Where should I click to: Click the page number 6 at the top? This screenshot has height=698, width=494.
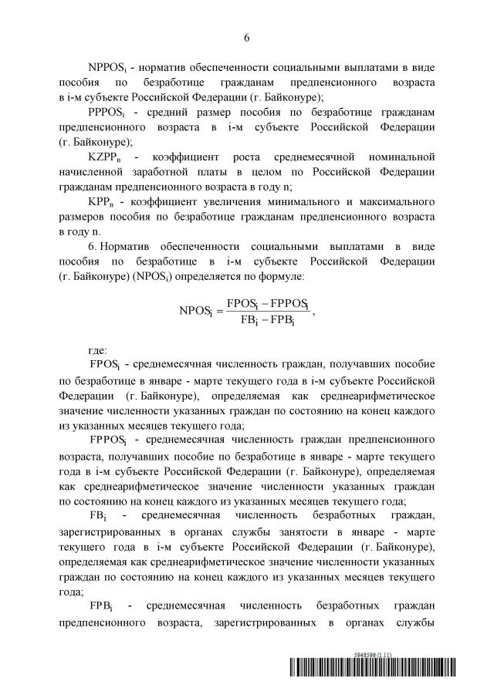coord(247,37)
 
